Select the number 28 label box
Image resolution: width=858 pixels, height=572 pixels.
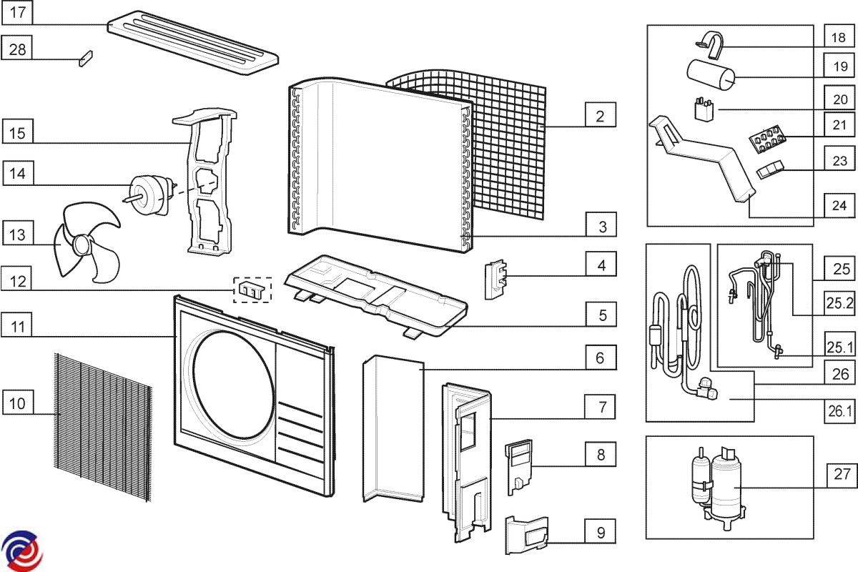point(18,49)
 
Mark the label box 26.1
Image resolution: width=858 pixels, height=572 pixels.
point(840,410)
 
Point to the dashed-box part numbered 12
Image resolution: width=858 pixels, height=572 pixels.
point(252,290)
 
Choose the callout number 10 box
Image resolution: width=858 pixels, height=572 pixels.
point(18,403)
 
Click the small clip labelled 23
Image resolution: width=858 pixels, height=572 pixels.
point(769,170)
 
